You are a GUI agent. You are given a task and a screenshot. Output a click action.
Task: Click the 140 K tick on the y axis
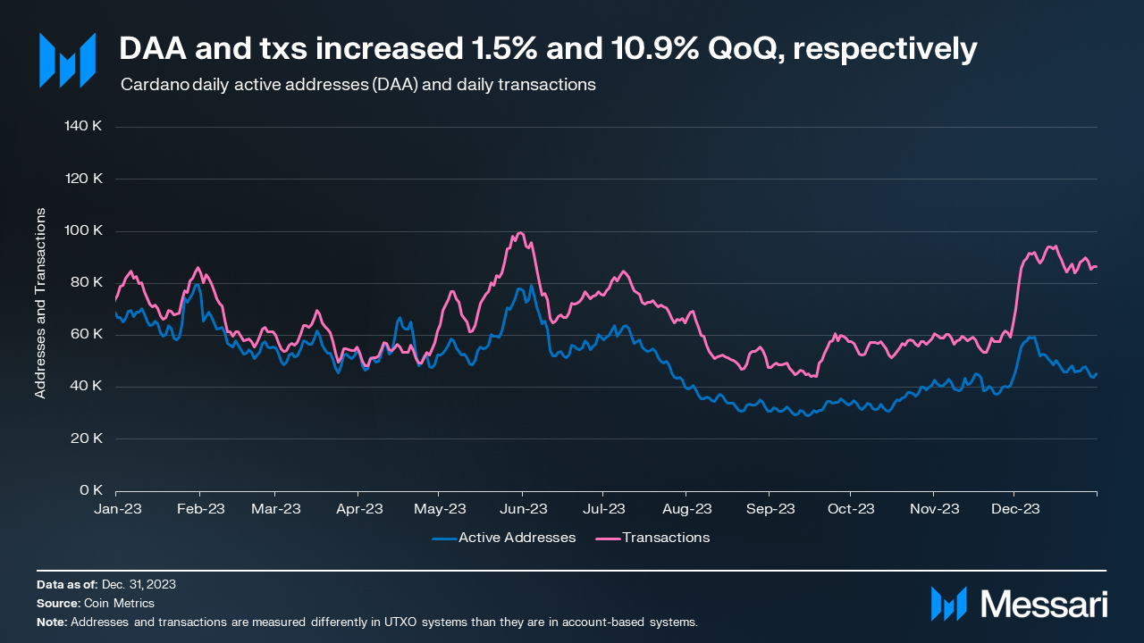coord(85,126)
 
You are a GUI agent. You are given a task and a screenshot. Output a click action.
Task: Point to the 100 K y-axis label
coord(85,230)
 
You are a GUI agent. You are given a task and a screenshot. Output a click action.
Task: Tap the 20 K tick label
coord(88,438)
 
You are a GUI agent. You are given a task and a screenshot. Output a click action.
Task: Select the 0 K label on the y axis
coord(91,490)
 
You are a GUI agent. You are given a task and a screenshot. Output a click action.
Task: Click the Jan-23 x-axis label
coord(116,509)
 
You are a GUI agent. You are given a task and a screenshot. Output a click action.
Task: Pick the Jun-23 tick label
coord(523,509)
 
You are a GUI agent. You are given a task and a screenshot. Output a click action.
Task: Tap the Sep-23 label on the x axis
coord(770,509)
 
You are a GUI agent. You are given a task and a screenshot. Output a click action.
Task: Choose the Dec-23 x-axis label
coord(1015,509)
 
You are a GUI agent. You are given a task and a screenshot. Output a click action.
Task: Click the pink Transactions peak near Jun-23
coord(519,233)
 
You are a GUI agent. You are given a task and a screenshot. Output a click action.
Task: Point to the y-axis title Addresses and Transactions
coord(40,304)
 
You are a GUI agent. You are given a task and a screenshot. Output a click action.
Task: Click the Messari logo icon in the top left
coord(67,61)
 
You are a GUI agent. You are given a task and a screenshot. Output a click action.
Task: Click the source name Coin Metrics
coord(119,603)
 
